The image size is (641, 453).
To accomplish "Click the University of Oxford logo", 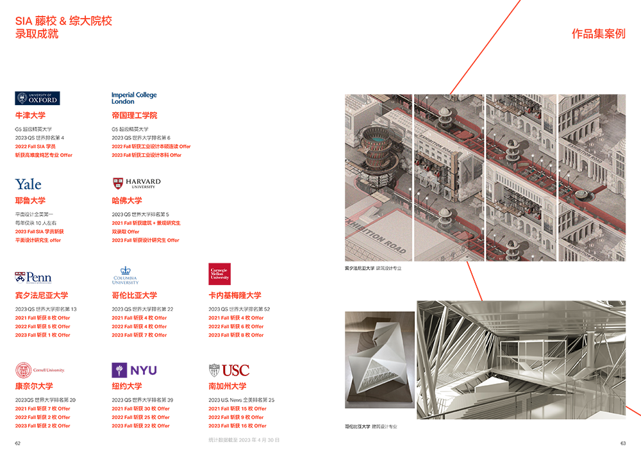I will point(37,99).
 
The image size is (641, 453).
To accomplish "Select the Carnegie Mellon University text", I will point(219,274).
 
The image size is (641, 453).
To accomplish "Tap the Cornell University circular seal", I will point(22,370).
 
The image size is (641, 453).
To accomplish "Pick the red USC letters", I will point(235,371).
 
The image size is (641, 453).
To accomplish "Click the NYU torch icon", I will point(119,370).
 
